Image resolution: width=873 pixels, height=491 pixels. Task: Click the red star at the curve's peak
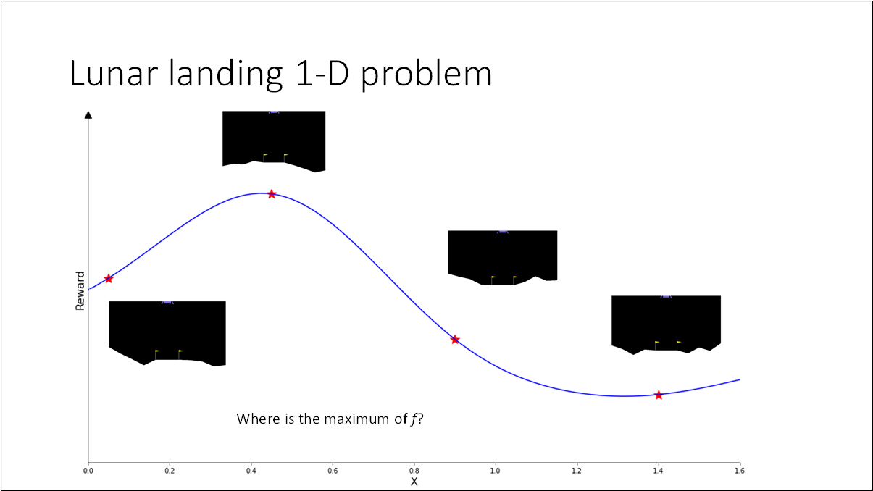(272, 194)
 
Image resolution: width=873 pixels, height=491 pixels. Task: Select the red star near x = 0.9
(455, 339)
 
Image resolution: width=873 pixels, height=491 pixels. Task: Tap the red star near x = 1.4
(659, 395)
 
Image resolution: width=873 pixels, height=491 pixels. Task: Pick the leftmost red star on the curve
(109, 278)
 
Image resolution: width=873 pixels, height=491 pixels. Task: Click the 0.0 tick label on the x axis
(88, 471)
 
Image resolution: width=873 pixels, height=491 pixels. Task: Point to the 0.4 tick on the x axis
(251, 471)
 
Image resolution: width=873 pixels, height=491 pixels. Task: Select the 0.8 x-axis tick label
(414, 471)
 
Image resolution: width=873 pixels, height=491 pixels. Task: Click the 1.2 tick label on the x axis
(577, 471)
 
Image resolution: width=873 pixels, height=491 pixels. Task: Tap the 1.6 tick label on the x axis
(739, 471)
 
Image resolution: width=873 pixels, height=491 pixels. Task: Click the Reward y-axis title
(80, 290)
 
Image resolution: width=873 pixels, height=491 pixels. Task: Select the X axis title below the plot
(414, 482)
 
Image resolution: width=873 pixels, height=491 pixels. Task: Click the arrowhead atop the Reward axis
(88, 114)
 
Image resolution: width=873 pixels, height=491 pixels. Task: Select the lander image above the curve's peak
(274, 140)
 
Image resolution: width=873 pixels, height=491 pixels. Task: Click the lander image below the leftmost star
(167, 332)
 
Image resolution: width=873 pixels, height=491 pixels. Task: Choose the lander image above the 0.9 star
(503, 257)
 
